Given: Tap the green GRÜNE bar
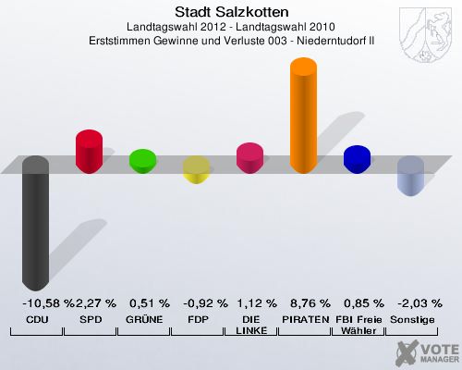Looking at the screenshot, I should [x=142, y=162].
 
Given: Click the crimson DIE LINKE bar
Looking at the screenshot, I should [x=249, y=158].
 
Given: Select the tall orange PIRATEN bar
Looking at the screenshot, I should [x=304, y=116].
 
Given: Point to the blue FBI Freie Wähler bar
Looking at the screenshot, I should [x=357, y=160].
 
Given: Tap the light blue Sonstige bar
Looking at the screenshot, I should [x=410, y=176].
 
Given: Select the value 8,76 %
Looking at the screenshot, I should [x=304, y=302].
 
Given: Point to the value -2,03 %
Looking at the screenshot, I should [x=412, y=302].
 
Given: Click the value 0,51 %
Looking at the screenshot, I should [x=143, y=302].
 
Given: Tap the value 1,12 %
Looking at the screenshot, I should [x=250, y=302].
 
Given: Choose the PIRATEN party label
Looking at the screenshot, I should [x=304, y=319].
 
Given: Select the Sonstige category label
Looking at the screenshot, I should [x=412, y=319].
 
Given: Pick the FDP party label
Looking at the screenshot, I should [x=197, y=319].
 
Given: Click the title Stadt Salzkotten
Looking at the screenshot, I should [x=231, y=12].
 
